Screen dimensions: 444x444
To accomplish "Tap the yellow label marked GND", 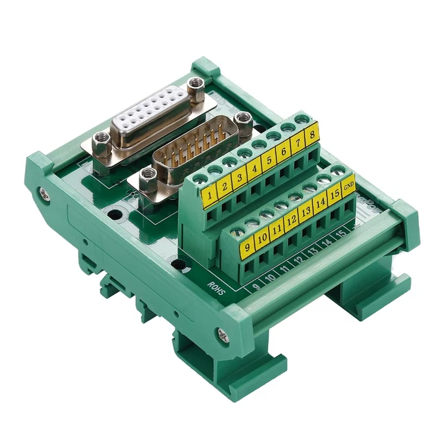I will pyautogui.click(x=348, y=186).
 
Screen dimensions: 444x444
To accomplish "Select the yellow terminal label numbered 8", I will pyautogui.click(x=312, y=133).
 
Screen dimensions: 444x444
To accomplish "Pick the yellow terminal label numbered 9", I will pyautogui.click(x=247, y=247).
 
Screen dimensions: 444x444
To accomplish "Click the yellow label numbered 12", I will pyautogui.click(x=291, y=221).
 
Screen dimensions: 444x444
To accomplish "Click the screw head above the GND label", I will pyautogui.click(x=338, y=170).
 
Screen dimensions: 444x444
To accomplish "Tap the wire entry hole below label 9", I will pyautogui.click(x=247, y=266).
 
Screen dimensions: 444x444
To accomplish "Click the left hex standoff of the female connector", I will pyautogui.click(x=101, y=139).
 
